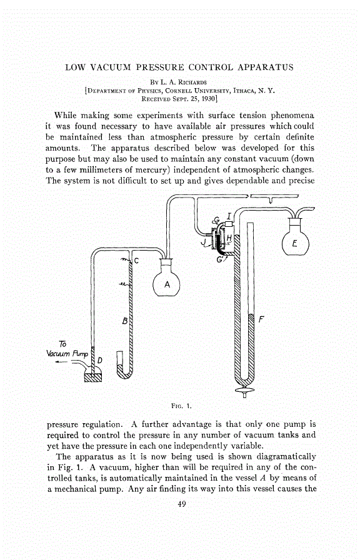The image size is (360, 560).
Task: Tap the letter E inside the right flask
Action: tap(294, 245)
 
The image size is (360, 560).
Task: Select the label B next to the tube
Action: tap(124, 322)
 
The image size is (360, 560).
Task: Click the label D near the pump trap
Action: tap(99, 361)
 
